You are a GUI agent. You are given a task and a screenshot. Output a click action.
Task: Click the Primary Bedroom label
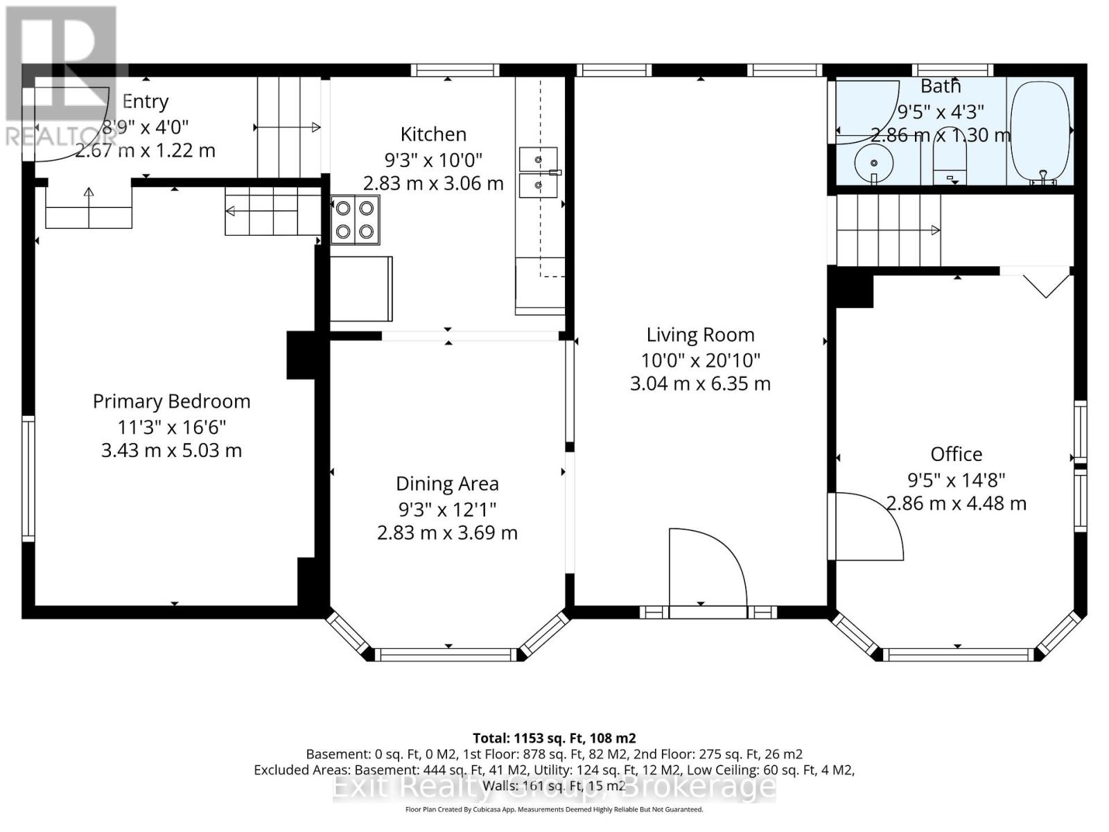pos(171,401)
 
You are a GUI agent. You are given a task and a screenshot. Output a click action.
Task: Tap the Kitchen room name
pos(433,135)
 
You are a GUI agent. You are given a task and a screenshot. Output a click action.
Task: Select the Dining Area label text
pos(447,484)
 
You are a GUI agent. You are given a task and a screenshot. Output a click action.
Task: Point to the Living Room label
pos(700,335)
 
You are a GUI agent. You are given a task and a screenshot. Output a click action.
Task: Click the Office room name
pos(956,454)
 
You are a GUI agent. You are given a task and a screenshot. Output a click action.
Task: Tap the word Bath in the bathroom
pos(941,87)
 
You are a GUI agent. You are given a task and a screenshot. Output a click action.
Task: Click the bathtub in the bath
pos(1041,132)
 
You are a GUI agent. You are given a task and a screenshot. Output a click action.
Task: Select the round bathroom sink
pos(873,163)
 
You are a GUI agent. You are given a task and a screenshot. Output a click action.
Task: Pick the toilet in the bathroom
pos(950,157)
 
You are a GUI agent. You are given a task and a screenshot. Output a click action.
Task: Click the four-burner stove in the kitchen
pos(355,220)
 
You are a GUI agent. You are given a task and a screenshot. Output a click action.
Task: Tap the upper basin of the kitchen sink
pos(538,159)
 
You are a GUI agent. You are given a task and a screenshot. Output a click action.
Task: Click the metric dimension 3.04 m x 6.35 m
pos(700,384)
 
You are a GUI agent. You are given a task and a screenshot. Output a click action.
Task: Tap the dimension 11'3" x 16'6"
pos(171,427)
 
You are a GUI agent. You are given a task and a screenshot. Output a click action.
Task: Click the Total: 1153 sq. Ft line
pos(554,738)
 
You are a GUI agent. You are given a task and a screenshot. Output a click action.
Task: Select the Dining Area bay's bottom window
pos(448,655)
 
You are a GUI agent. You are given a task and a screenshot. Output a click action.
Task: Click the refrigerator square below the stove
pos(361,289)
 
